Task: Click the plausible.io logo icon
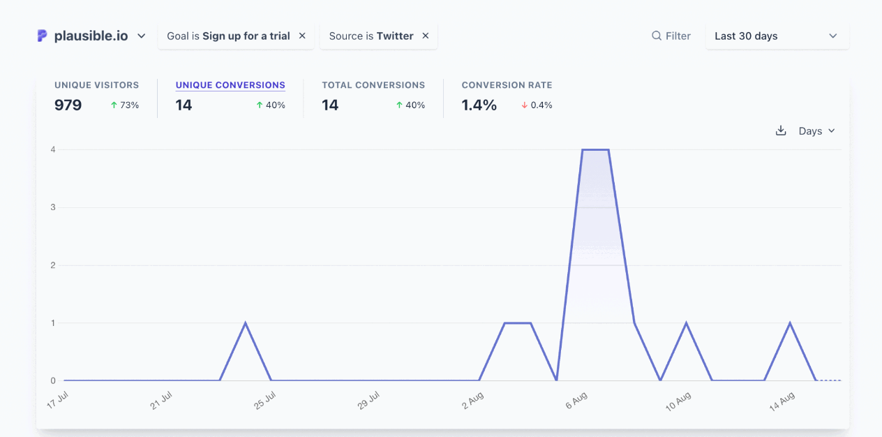[43, 36]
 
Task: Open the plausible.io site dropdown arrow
[142, 36]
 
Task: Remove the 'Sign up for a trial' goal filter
[302, 36]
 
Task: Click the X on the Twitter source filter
[426, 36]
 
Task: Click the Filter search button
[671, 36]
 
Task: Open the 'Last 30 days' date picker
[777, 36]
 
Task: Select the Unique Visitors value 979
[68, 105]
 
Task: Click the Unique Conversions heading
[230, 85]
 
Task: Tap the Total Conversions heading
[373, 85]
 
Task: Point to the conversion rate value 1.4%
[479, 105]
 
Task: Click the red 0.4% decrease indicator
[537, 105]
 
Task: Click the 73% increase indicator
[125, 105]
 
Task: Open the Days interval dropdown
[816, 131]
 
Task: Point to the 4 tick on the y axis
[52, 149]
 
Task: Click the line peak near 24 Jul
[246, 323]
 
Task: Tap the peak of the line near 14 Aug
[790, 323]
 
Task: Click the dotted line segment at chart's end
[830, 380]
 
